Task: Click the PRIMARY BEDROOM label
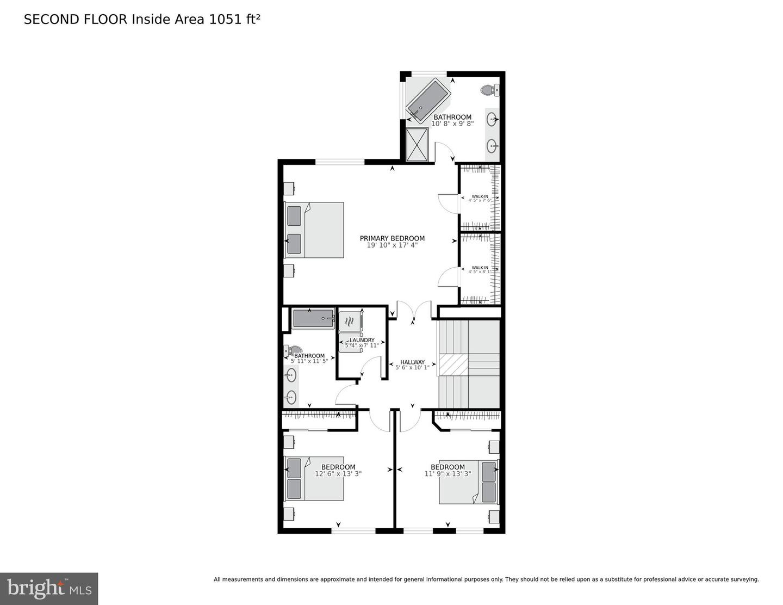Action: (392, 238)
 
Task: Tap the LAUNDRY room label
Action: (362, 340)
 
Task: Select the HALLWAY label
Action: (412, 362)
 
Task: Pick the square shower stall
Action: (417, 144)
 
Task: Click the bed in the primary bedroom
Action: (314, 230)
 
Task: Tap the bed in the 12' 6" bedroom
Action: (314, 478)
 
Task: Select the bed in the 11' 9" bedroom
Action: (468, 482)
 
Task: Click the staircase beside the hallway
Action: (468, 363)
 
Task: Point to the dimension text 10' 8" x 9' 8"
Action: (452, 124)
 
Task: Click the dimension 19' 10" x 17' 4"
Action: (392, 245)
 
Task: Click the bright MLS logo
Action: (49, 589)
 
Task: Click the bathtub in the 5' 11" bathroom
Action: (313, 318)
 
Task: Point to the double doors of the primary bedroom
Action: (414, 311)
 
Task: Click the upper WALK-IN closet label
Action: (480, 196)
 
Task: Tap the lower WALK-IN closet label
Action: (480, 268)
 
